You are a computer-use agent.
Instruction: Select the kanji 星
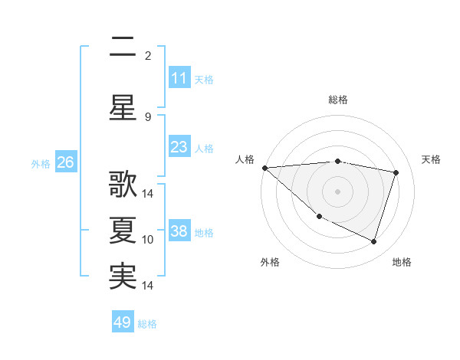[x=123, y=107]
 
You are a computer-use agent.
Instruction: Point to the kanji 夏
[x=123, y=231]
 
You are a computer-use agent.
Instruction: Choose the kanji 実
[x=123, y=277]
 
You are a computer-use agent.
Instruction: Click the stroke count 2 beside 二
[x=148, y=56]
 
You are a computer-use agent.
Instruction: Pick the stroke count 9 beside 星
[x=148, y=116]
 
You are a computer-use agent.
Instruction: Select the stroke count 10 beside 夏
[x=149, y=240]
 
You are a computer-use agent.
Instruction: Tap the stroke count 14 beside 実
[x=149, y=286]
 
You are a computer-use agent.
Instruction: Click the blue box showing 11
[x=179, y=78]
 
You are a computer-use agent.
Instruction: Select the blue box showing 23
[x=179, y=147]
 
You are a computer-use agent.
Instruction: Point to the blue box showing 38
[x=179, y=232]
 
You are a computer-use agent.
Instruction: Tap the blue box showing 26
[x=65, y=162]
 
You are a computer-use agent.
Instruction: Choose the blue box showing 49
[x=122, y=322]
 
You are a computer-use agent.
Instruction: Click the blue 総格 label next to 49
[x=147, y=324]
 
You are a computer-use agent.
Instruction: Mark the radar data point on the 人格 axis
[x=264, y=167]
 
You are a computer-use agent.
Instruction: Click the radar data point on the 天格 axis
[x=396, y=172]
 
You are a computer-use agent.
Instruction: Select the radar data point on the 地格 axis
[x=373, y=241]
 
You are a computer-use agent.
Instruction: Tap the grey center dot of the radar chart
[x=337, y=191]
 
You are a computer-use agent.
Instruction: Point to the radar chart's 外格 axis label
[x=270, y=262]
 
